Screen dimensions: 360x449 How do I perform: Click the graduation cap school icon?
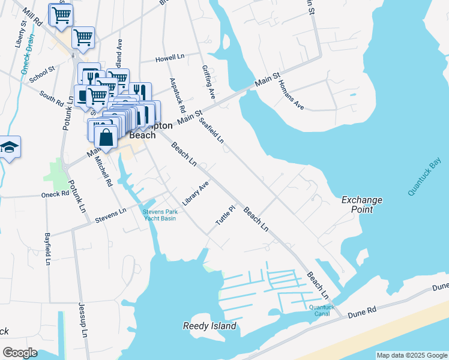coord(8,148)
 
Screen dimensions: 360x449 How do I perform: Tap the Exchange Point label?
coord(362,205)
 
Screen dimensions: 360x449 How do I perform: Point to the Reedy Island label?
coord(209,326)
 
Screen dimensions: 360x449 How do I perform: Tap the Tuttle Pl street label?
coord(224,216)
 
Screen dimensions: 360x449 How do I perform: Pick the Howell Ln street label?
coord(170,59)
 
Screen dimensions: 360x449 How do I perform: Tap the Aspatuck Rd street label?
coord(177,96)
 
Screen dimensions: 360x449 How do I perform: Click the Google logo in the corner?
coord(20,353)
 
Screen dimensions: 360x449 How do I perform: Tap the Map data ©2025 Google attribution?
coord(411,355)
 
